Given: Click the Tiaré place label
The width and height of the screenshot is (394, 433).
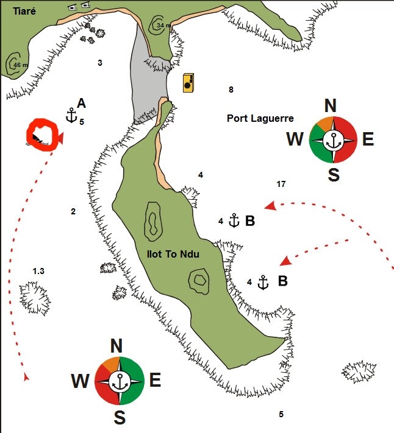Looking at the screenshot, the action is pos(24,12).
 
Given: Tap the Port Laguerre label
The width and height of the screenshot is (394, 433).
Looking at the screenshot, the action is pos(260,119).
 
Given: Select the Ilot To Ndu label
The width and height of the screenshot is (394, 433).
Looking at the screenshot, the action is pos(173,254).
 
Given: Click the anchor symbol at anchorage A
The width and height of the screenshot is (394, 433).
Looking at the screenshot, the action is pos(71,116).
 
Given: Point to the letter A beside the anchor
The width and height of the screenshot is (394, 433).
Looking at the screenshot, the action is pos(81,104).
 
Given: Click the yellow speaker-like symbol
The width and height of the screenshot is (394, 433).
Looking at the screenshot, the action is pos(188,83).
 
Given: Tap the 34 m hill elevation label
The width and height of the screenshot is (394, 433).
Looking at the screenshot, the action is pos(163,26).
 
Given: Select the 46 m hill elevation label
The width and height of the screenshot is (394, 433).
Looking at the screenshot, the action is pos(21,65).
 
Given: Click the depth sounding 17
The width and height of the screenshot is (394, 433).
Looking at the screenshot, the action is pos(281,184).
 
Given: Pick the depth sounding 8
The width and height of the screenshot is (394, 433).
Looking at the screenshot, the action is pos(231,90).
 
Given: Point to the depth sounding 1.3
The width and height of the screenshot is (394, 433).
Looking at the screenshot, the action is pos(38,271).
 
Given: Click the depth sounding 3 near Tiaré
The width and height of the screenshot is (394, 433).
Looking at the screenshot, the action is pos(100,63).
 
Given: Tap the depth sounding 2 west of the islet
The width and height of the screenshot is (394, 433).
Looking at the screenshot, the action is pos(73,211).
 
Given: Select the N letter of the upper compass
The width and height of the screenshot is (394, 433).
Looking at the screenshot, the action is pos(331,105).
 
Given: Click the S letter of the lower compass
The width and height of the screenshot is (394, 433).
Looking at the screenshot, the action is pos(120,417).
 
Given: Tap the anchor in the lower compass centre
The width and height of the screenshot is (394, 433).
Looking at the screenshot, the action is pos(120,381).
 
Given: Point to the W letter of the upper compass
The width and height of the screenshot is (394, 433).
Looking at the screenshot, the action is pos(295,139).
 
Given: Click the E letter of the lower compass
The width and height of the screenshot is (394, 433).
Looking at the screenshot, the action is pos(155,380).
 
